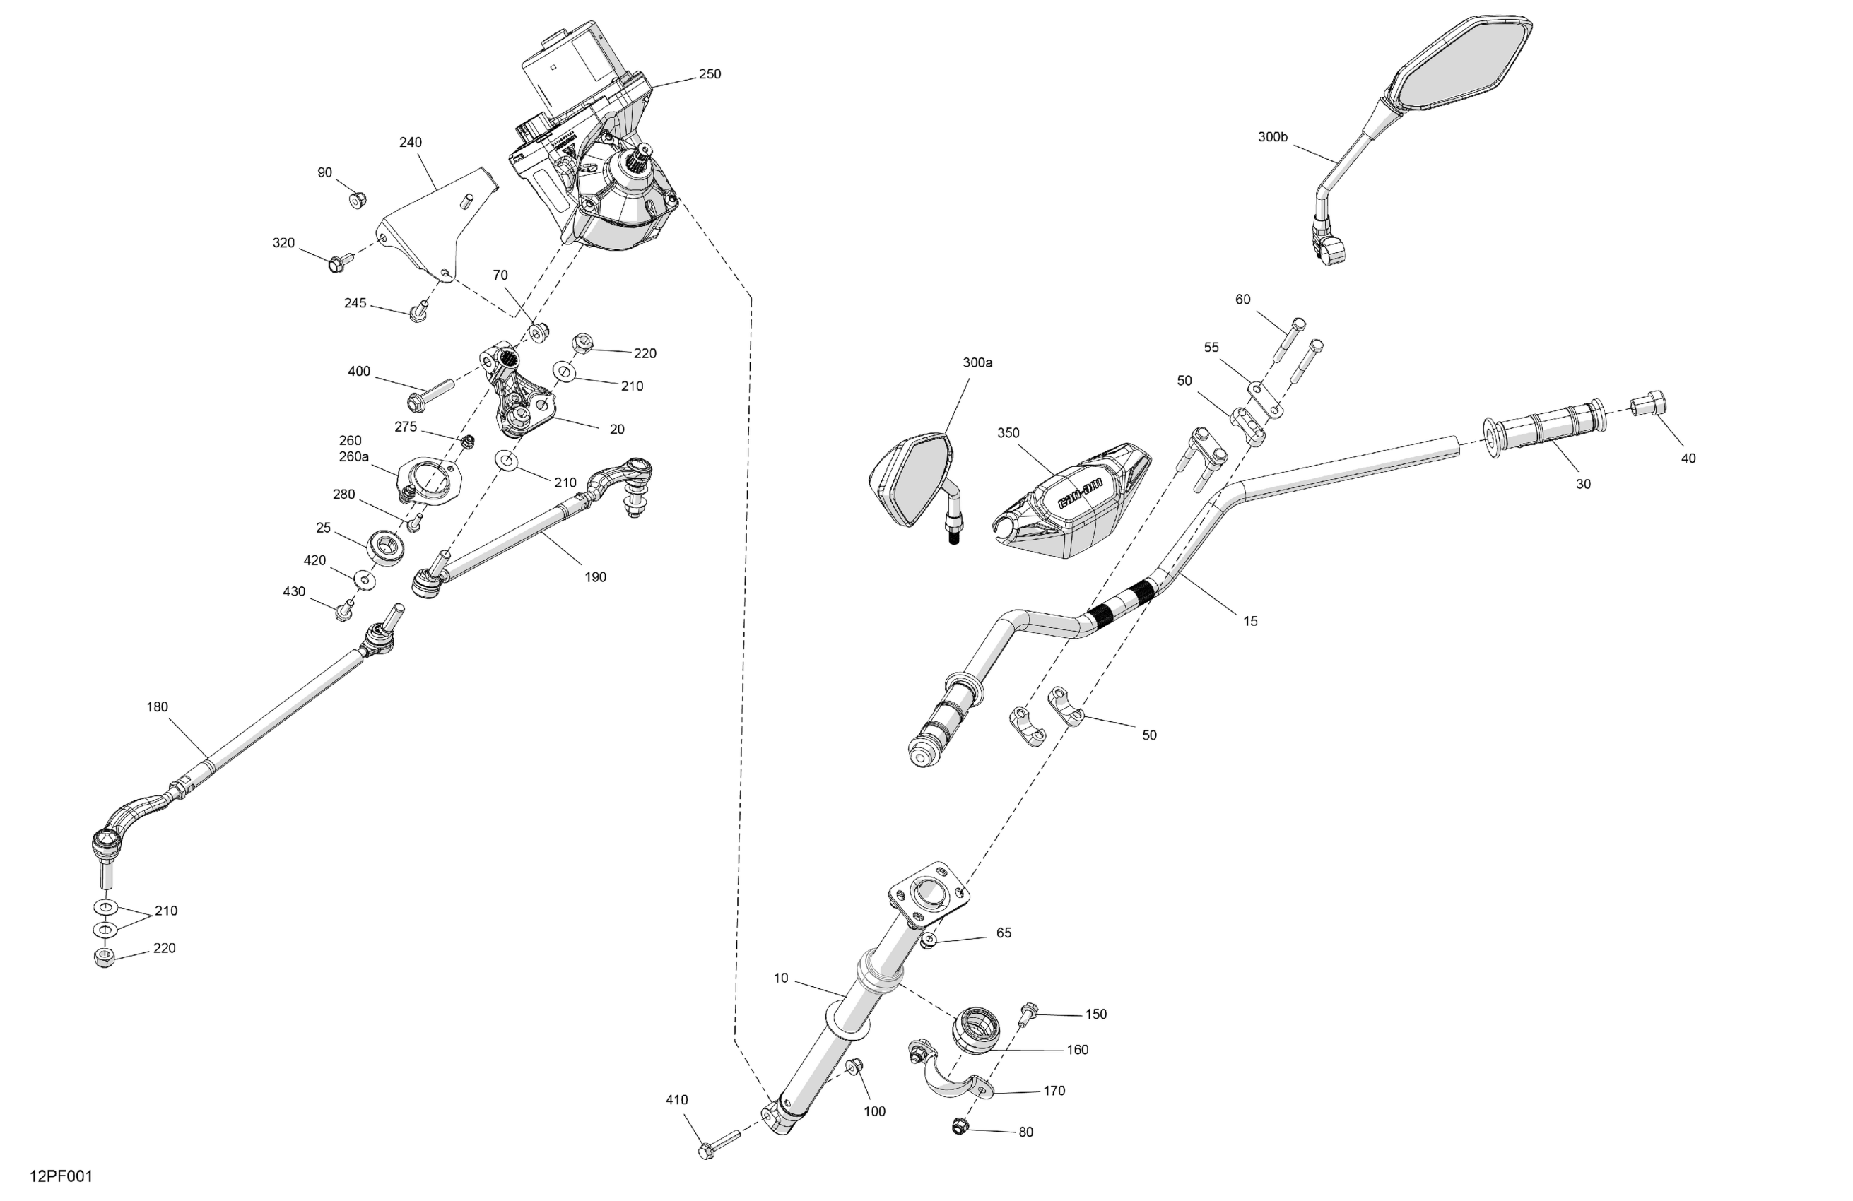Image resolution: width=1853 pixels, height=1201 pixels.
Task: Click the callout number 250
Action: click(x=710, y=75)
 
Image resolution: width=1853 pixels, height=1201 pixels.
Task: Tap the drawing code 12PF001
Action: click(x=61, y=1176)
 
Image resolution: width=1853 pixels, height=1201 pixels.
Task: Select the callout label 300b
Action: click(x=1272, y=138)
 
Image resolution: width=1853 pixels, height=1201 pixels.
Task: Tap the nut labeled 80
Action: click(x=959, y=1125)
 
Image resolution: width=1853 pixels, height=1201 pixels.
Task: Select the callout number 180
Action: click(x=158, y=707)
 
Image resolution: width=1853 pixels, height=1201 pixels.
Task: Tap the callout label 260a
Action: click(x=353, y=457)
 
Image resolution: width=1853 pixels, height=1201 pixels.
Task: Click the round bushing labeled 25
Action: click(x=385, y=545)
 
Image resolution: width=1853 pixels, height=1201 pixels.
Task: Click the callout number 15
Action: click(x=1249, y=621)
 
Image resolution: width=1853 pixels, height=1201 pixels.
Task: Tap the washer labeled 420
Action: click(x=363, y=579)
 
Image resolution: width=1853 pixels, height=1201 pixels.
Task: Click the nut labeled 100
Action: click(x=853, y=1066)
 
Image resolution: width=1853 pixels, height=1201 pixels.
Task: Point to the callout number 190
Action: click(x=595, y=577)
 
